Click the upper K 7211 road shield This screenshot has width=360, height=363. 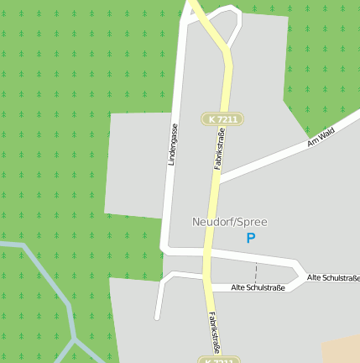(222, 119)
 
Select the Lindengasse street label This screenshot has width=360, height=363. (174, 145)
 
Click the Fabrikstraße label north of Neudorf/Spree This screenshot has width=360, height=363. (220, 148)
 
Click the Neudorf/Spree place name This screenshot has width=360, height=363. (229, 222)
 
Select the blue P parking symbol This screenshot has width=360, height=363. (250, 239)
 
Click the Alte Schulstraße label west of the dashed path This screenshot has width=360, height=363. (258, 287)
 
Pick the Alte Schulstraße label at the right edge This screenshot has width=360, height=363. (332, 277)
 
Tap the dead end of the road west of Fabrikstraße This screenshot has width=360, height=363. (157, 317)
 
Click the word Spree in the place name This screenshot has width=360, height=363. (252, 222)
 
